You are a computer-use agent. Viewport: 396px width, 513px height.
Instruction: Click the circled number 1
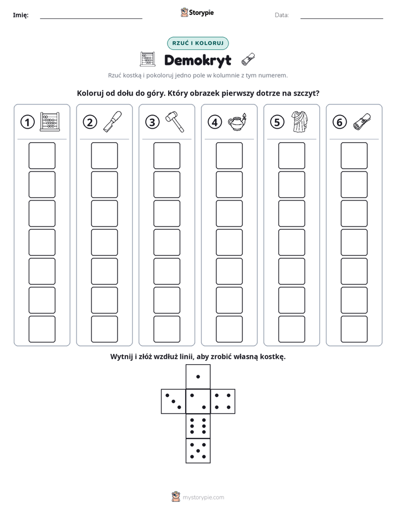27,122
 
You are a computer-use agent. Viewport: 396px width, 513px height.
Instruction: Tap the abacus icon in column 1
50,122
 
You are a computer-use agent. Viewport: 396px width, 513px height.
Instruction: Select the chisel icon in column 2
113,122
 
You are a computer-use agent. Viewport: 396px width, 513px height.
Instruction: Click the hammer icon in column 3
175,122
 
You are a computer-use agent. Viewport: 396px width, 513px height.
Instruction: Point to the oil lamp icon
237,122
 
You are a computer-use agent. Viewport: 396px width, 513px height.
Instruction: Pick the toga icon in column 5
299,122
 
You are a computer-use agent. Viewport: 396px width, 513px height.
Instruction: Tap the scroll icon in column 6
362,122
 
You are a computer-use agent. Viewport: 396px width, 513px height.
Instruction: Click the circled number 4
215,122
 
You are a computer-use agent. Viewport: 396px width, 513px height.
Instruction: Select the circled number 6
339,122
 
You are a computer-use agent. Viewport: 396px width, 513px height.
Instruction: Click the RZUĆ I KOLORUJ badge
197,43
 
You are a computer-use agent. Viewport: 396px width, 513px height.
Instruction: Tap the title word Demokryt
197,60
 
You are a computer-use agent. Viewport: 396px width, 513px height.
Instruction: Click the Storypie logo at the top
197,13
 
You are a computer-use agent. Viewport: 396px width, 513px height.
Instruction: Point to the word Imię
21,15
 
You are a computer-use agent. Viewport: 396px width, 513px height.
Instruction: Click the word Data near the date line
282,15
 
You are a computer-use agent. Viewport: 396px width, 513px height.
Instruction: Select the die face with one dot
198,376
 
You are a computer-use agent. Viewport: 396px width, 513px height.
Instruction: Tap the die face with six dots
198,426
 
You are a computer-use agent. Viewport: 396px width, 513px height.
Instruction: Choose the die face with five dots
198,451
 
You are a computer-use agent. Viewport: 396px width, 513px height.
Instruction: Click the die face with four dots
223,401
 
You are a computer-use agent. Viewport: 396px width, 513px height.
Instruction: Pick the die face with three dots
173,401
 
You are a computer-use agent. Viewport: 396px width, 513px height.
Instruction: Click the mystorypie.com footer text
203,497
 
